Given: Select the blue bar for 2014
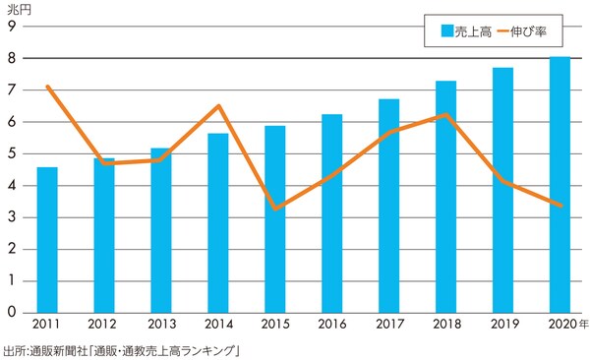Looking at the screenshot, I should coord(217,222).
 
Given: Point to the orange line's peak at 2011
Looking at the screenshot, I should coord(47,87).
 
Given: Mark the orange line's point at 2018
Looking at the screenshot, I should coord(445,115).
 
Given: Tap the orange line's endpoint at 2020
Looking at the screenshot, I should coord(559,206).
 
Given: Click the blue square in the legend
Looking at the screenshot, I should coord(444,31).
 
